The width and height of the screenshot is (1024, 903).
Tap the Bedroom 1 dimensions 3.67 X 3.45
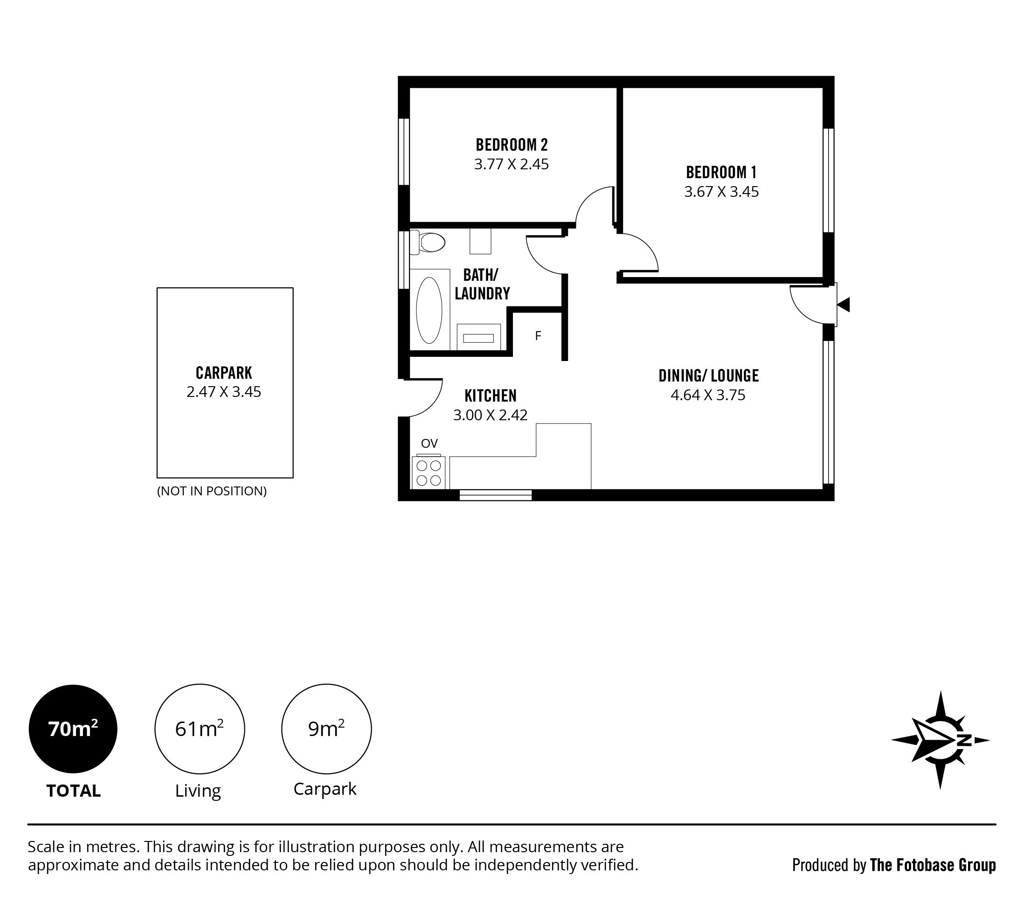721,192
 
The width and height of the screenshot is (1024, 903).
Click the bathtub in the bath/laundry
429,310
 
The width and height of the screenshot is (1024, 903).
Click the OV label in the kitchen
429,443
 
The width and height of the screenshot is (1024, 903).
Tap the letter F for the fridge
538,336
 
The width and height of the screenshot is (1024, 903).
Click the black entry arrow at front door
844,305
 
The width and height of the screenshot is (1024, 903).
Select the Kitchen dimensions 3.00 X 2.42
491,415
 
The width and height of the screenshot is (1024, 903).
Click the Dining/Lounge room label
708,375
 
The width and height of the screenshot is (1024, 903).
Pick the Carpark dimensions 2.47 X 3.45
224,391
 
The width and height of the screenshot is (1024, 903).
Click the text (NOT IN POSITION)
212,491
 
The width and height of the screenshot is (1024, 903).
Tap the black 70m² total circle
73,729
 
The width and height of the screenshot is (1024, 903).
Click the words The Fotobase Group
933,865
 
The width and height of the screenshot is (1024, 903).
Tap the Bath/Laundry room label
482,284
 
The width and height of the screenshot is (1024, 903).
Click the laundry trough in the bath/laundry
478,337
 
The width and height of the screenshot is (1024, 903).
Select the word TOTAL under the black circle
74,791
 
